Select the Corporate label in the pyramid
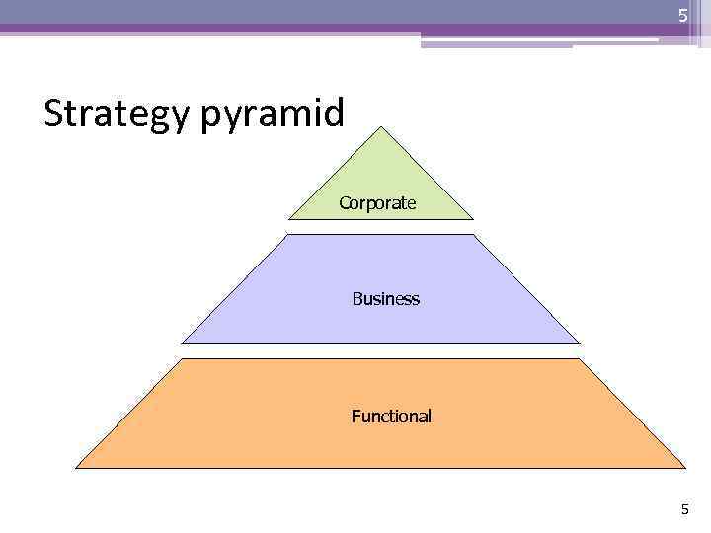coord(377,203)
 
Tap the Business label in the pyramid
coord(385,298)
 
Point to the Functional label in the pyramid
coord(391,417)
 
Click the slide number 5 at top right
coord(682,16)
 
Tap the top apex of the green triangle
coord(380,126)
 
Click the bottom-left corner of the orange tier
coord(76,467)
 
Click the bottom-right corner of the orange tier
coord(684,467)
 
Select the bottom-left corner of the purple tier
coord(182,343)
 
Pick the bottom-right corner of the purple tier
coord(580,343)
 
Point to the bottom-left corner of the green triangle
coord(288,218)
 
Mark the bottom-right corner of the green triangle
coord(473,218)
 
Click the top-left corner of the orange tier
coord(173,359)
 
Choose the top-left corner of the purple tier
coord(286,235)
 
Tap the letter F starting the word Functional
coord(355,417)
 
